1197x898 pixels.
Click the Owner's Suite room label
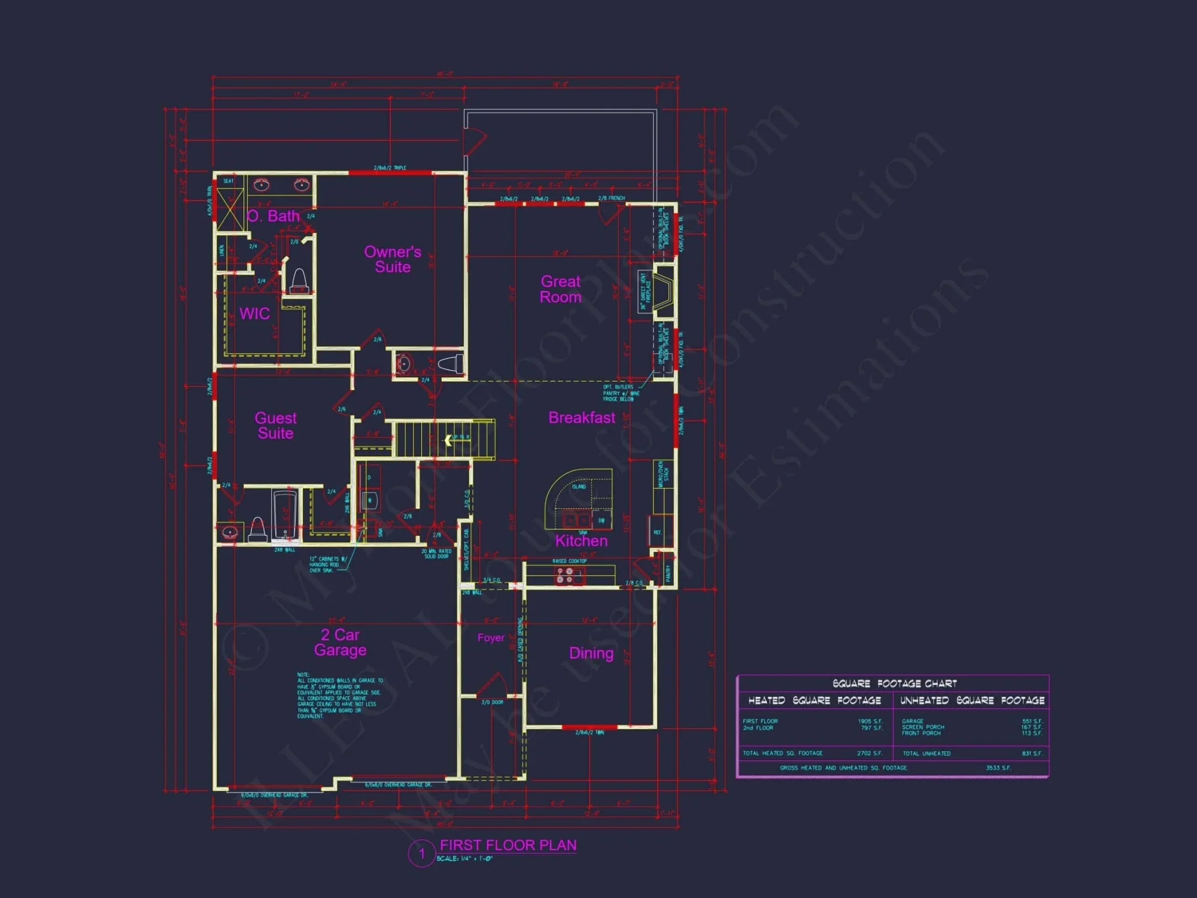coord(393,259)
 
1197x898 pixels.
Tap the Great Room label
coord(560,289)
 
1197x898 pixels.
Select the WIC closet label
coord(254,314)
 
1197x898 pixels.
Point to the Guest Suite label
coord(275,426)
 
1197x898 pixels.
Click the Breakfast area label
coord(582,418)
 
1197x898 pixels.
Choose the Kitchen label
coord(581,541)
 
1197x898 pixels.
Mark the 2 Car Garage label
coord(340,642)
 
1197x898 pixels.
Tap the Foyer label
coord(491,638)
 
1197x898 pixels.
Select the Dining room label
coord(591,653)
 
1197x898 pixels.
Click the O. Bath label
coord(273,216)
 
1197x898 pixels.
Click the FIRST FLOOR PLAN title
coord(508,845)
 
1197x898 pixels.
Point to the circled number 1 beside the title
coord(421,853)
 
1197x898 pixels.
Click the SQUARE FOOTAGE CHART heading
coord(894,684)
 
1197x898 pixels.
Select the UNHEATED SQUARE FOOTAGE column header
coord(972,700)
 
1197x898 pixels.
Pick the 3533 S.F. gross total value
coord(998,768)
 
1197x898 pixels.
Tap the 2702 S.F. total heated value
coord(869,754)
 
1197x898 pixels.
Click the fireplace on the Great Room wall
coord(663,292)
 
